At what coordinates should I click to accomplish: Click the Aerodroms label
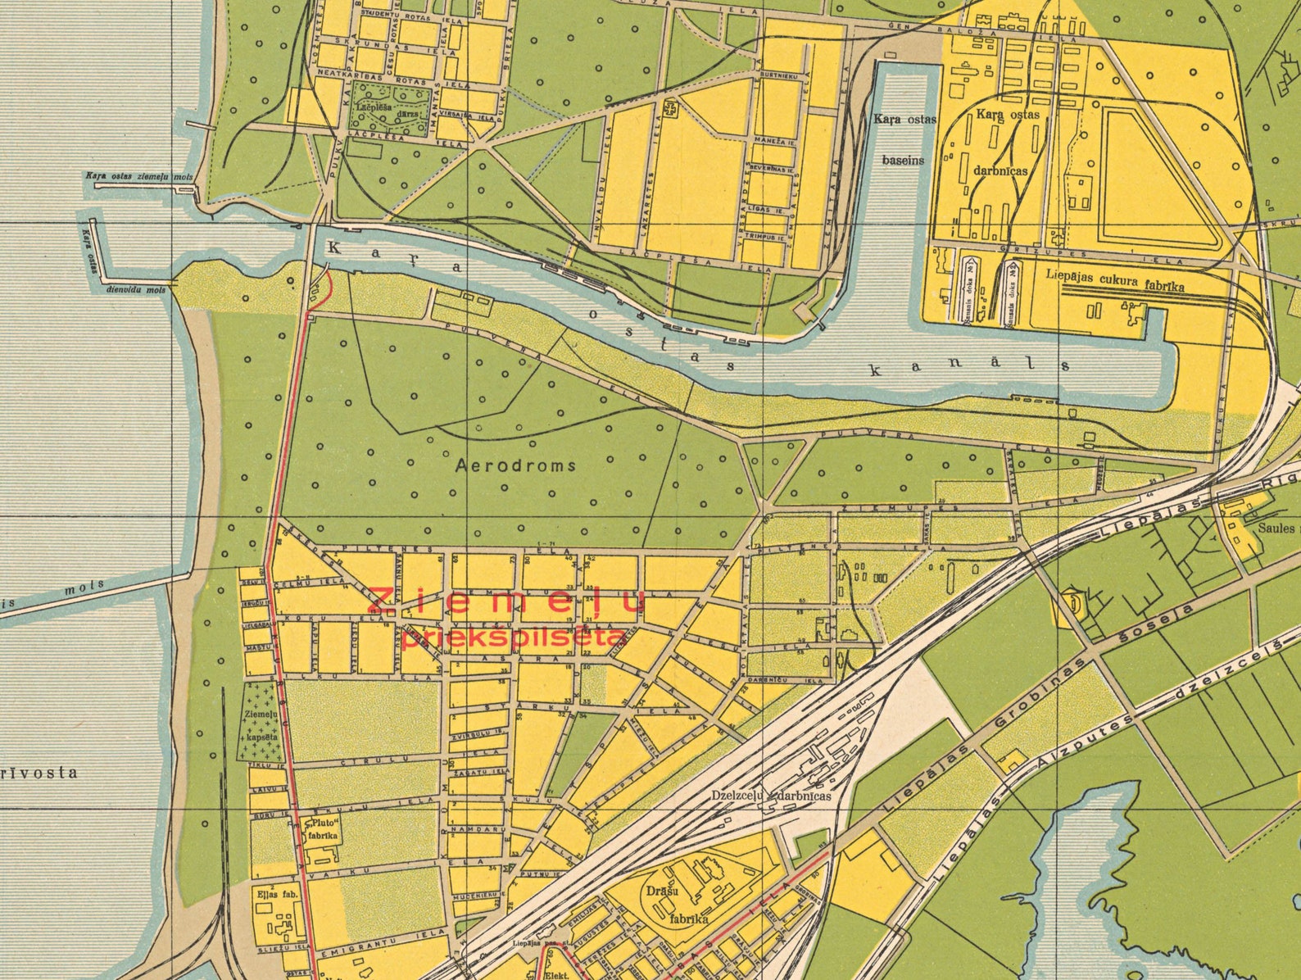[x=515, y=465]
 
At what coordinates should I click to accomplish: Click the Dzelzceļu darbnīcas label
[x=771, y=796]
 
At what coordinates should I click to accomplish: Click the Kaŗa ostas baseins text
[x=904, y=139]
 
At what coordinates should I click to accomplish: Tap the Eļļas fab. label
[x=275, y=894]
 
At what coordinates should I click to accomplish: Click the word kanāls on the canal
[x=968, y=367]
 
